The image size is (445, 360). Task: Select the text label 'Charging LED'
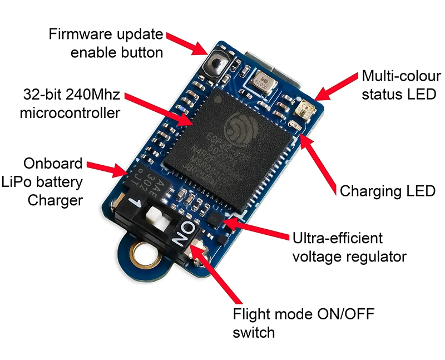[x=387, y=191]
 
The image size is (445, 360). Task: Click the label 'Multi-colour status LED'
[x=398, y=84]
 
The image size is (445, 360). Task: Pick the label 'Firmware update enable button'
[x=106, y=43]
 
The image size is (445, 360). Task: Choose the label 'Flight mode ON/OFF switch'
[x=304, y=323]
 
